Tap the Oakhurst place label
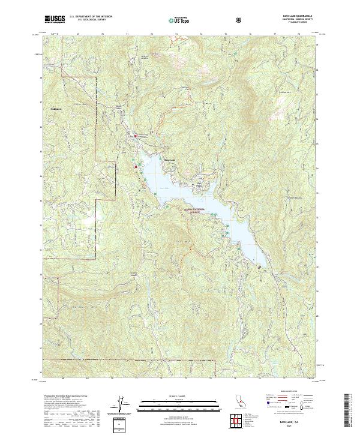[56, 109]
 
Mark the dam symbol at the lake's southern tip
[259, 267]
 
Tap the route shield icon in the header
[240, 20]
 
